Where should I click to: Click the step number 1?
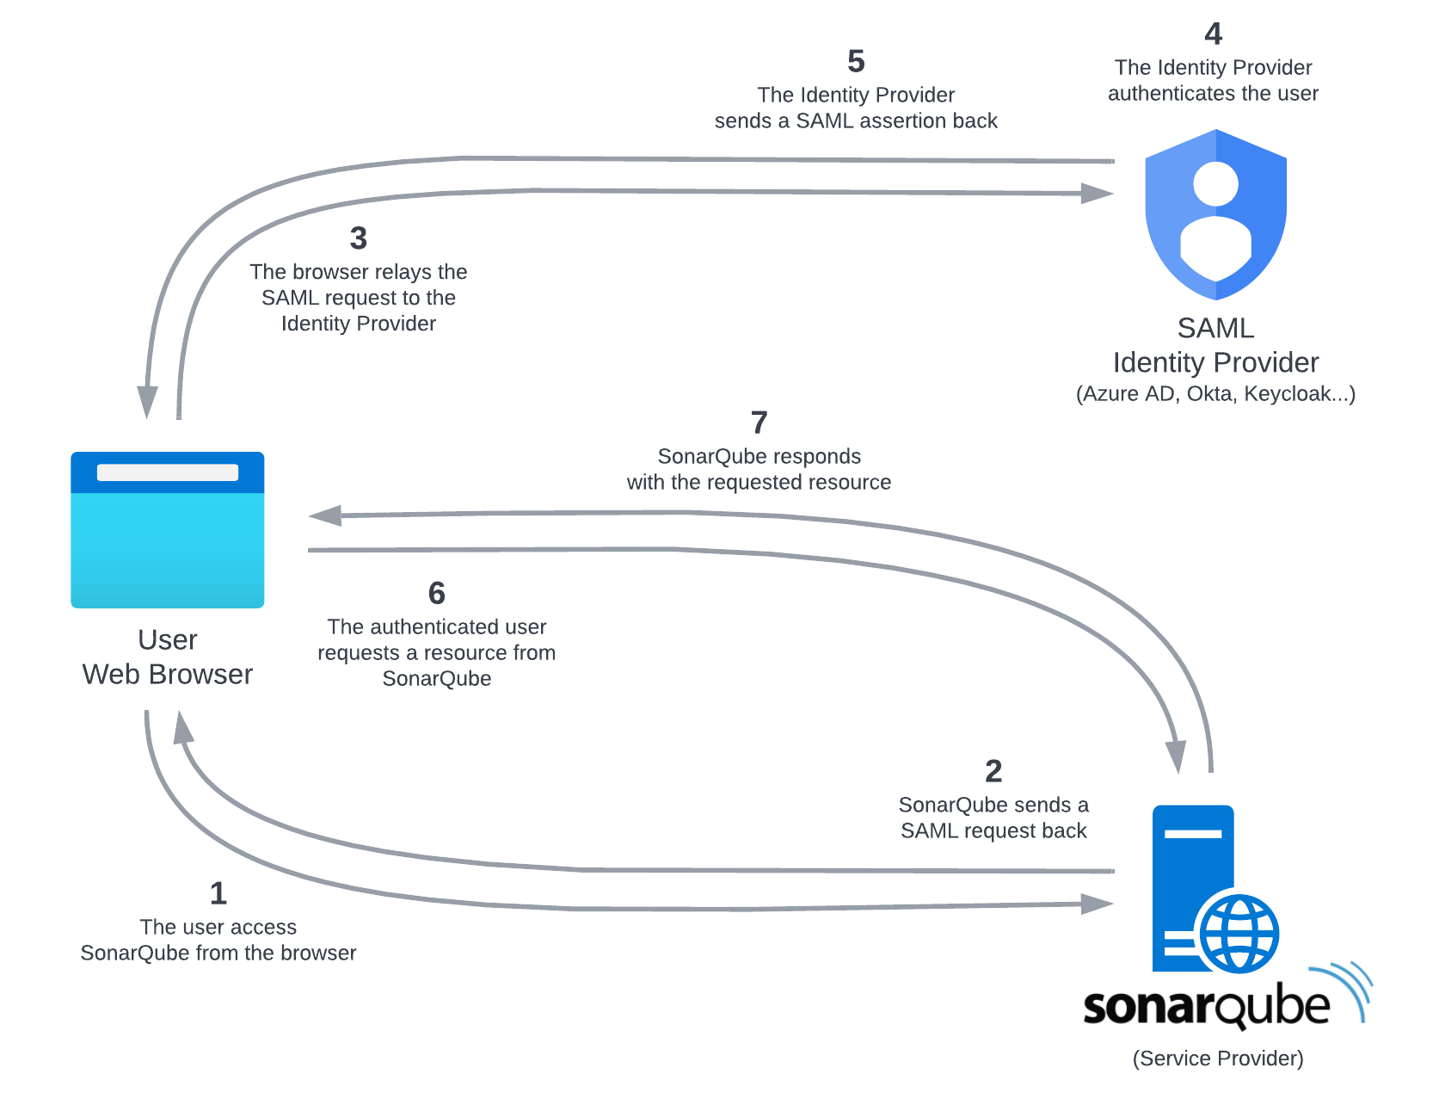(x=218, y=893)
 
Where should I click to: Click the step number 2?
(x=993, y=771)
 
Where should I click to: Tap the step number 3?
(x=359, y=238)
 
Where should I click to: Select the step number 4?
(x=1213, y=34)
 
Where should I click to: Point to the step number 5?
(x=856, y=61)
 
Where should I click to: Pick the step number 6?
(x=437, y=593)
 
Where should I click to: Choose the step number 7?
(x=759, y=423)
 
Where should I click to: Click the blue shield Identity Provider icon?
(x=1215, y=215)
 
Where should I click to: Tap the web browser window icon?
(x=168, y=530)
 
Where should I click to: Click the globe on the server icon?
(x=1239, y=933)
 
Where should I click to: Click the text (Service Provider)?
(x=1218, y=1058)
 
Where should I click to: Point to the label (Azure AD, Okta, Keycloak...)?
(x=1215, y=394)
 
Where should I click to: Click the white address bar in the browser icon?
(x=168, y=472)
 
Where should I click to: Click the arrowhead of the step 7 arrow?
(x=325, y=515)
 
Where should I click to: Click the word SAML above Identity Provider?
(x=1215, y=329)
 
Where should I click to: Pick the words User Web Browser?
(x=168, y=657)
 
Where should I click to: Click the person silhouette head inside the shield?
(x=1215, y=183)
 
